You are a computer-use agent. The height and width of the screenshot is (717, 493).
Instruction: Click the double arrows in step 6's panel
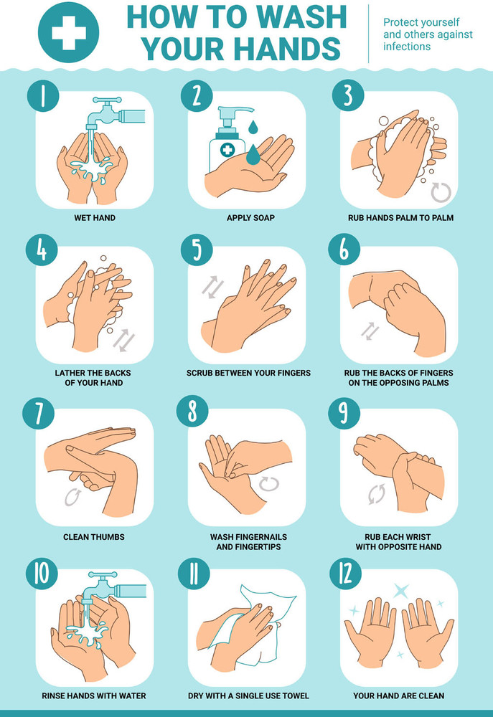point(369,331)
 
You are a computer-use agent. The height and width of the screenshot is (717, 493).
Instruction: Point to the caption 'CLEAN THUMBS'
point(94,536)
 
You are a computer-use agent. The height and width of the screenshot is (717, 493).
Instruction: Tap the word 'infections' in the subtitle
point(407,47)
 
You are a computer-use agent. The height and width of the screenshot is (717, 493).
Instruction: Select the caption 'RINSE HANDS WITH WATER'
point(94,695)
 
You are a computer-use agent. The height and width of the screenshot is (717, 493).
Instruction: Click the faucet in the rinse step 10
point(108,584)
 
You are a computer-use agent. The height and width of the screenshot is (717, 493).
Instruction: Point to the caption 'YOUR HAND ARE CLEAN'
point(398,695)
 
